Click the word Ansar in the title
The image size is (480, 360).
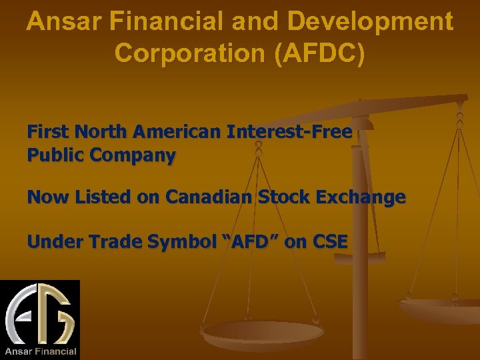point(59,22)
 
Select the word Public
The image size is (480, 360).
point(56,156)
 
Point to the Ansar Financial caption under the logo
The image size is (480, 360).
point(41,351)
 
